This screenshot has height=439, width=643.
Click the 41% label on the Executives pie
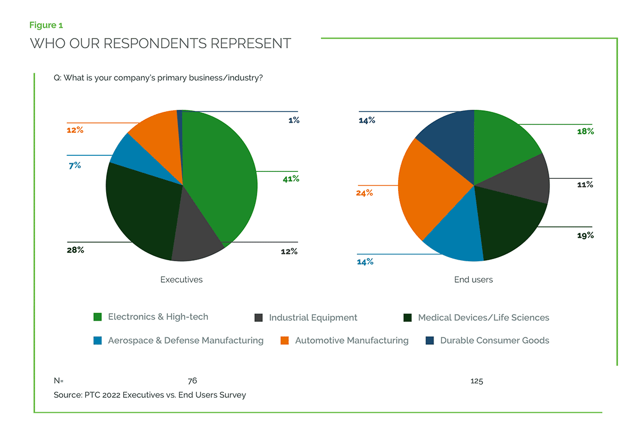(291, 179)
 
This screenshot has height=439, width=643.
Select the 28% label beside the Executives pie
(76, 250)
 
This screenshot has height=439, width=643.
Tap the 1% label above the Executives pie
(294, 120)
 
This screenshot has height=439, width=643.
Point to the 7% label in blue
(74, 165)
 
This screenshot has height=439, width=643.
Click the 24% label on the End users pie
(364, 193)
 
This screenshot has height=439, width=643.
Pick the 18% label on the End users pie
(585, 132)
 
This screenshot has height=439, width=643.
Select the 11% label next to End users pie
(585, 185)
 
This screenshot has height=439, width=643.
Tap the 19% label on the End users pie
(585, 236)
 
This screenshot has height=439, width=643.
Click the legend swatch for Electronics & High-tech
(98, 317)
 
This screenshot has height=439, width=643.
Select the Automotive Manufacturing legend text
(352, 340)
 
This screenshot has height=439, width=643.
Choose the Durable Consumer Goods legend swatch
(429, 340)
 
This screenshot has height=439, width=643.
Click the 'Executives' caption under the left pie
(182, 279)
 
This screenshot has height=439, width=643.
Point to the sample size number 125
(476, 381)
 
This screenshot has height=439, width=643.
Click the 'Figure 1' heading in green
(47, 25)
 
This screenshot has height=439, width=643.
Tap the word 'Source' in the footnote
(67, 395)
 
